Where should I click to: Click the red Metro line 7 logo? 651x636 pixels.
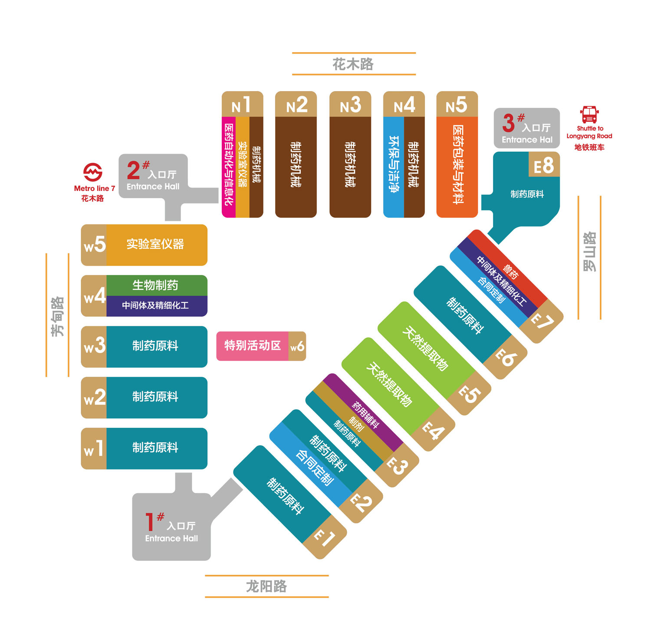click(93, 172)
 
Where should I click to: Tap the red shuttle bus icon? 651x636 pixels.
click(589, 115)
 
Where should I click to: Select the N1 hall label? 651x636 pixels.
click(242, 105)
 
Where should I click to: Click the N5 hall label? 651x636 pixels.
click(457, 105)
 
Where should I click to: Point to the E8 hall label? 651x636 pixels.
click(544, 166)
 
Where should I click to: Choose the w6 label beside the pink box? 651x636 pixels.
click(297, 346)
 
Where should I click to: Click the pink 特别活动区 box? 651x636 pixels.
click(252, 346)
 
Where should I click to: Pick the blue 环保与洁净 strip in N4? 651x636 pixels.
click(394, 167)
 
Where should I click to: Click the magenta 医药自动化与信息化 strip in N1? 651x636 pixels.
click(229, 167)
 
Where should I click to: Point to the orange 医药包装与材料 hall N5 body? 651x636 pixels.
click(457, 167)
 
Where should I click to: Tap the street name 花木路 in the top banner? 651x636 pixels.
click(353, 64)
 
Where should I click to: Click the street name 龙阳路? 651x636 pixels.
click(266, 587)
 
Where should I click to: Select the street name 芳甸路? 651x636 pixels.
click(57, 316)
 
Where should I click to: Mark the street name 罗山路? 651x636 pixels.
click(589, 252)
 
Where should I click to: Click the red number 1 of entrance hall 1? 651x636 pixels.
click(150, 522)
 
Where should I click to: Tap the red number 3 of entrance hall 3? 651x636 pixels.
click(508, 123)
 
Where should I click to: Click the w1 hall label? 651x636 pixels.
click(94, 448)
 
